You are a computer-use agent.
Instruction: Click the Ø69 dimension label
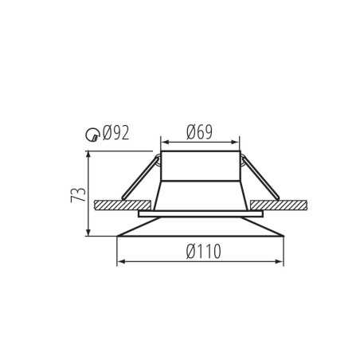[x=199, y=132]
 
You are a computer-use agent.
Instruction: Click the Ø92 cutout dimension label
[x=115, y=133]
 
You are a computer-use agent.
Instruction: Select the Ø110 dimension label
[x=203, y=252]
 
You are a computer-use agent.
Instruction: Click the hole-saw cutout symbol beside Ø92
[x=92, y=135]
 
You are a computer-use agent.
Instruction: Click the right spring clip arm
[x=260, y=177]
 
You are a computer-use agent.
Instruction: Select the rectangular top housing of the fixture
[x=200, y=165]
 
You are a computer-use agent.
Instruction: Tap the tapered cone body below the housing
[x=200, y=195]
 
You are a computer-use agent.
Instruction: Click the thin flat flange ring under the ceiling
[x=200, y=213]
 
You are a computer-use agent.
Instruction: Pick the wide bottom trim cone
[x=200, y=227]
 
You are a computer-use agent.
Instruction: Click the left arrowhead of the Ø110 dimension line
[x=119, y=261]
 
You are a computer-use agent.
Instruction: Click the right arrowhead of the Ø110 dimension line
[x=281, y=261]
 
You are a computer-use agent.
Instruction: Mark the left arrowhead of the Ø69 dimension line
[x=163, y=143]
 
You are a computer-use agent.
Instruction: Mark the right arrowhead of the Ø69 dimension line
[x=237, y=143]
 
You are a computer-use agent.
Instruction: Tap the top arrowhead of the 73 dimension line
[x=88, y=154]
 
